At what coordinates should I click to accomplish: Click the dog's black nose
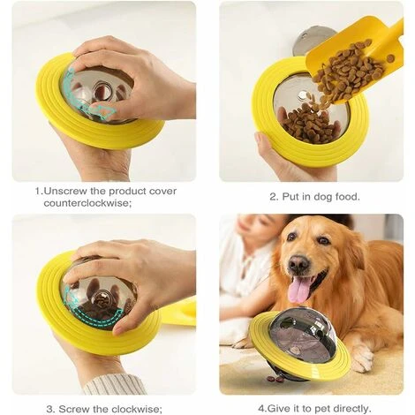coord(298,263)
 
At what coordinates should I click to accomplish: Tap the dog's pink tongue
coord(300,290)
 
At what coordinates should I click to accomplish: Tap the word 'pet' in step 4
coord(323,409)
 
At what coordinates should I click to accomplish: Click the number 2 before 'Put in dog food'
coord(274,196)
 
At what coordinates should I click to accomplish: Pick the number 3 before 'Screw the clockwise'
coord(50,409)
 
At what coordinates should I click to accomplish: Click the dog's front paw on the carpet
coord(361,357)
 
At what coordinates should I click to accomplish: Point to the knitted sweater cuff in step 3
coord(115,384)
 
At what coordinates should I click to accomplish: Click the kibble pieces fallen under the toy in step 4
coord(275,379)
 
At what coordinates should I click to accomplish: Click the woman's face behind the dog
coord(255,228)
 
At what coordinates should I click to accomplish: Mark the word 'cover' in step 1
coord(162,192)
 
